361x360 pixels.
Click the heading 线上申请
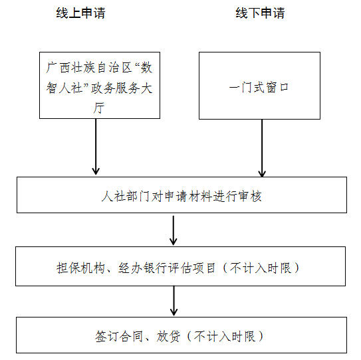point(80,13)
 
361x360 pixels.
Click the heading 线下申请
point(260,13)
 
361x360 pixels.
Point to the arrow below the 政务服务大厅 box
point(96,147)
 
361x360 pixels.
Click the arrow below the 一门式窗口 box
point(262,148)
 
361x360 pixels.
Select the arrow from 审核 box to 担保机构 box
point(174,230)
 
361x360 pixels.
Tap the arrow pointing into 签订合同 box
point(174,301)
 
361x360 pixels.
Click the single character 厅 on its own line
point(99,108)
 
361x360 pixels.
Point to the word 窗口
point(277,88)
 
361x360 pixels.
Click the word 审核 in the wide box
point(250,197)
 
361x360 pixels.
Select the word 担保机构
point(80,268)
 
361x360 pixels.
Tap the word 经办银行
point(142,268)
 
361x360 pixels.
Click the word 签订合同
point(119,337)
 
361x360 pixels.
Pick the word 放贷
point(168,337)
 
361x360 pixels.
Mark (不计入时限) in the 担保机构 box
point(261,268)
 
